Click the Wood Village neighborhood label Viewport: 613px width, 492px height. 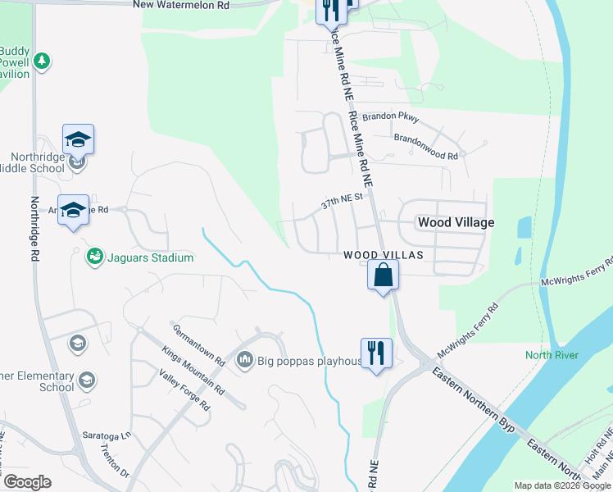point(456,222)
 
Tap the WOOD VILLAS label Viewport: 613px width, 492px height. point(383,255)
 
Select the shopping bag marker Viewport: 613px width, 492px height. point(383,276)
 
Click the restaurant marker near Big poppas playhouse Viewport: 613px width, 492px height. point(376,353)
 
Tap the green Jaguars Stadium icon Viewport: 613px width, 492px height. point(95,257)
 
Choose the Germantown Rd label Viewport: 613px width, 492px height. point(198,344)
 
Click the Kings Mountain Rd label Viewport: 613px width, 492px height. point(193,370)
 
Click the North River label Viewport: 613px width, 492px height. point(552,355)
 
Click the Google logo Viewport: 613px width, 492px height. point(27,482)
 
